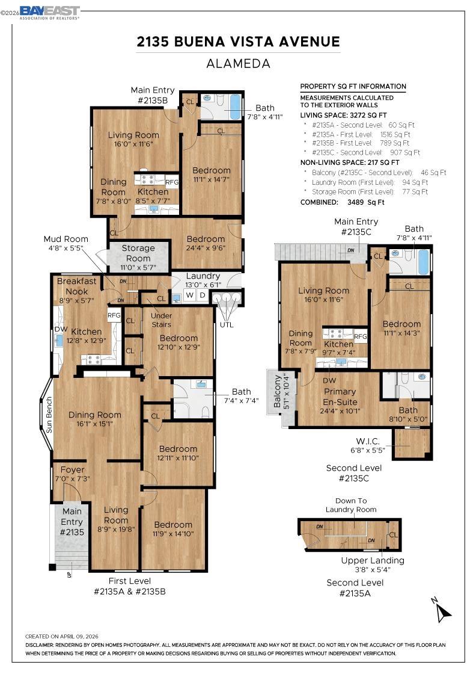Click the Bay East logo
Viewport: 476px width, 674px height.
point(49,12)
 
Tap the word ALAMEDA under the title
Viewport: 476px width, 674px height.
point(238,63)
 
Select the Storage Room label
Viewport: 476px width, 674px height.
point(138,253)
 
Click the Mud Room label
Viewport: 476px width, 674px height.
point(66,243)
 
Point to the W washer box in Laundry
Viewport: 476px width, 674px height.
point(189,295)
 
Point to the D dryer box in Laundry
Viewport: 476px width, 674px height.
point(202,295)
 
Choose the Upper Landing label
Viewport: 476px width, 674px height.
point(373,564)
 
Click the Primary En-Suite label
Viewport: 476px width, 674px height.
point(340,397)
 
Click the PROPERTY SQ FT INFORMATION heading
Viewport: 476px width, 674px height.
point(353,87)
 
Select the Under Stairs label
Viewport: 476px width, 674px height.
point(161,320)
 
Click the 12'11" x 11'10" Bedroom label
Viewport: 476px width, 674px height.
point(178,453)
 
